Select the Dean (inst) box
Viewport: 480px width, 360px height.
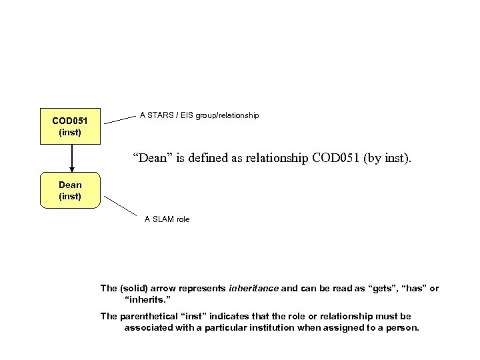click(x=70, y=190)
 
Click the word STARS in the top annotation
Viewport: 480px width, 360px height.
click(x=160, y=115)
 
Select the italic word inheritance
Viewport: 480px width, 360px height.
click(x=253, y=289)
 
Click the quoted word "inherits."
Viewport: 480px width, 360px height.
click(x=146, y=301)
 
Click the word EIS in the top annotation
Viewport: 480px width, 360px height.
click(x=191, y=115)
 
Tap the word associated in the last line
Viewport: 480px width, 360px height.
click(x=149, y=328)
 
